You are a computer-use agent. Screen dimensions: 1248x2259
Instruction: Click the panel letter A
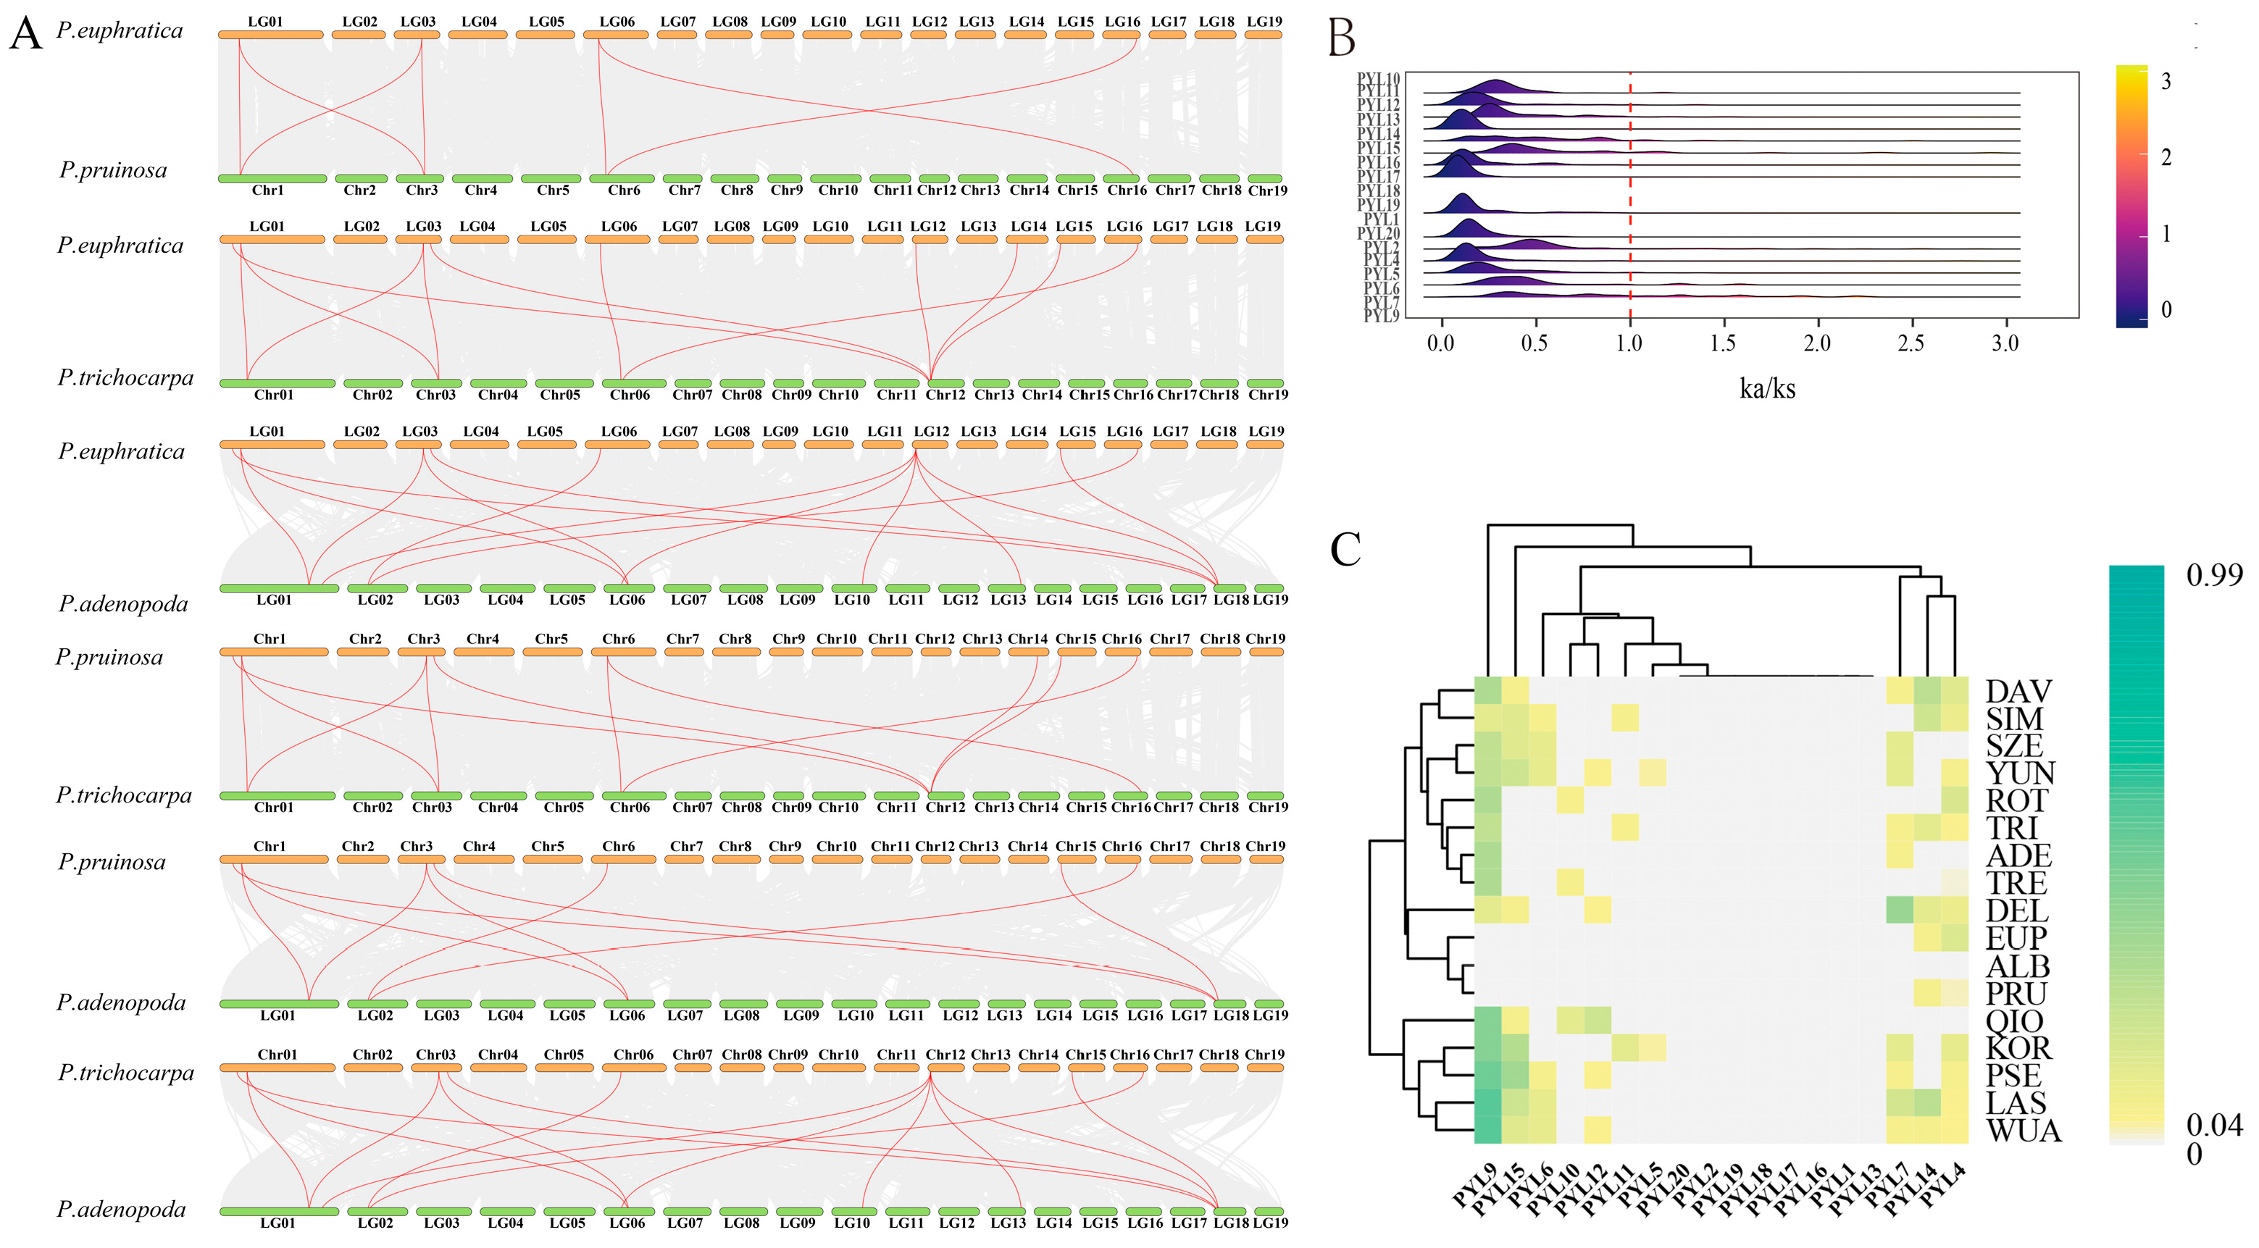(x=25, y=34)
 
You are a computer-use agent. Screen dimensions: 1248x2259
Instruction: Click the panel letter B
(x=1342, y=38)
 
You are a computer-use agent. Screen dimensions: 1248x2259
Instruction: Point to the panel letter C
(x=1345, y=550)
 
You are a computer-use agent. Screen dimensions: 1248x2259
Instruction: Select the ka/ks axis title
(x=1767, y=388)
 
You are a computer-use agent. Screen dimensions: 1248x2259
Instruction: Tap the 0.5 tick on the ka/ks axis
(x=1534, y=343)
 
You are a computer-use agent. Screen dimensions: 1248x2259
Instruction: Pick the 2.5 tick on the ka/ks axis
(x=1911, y=343)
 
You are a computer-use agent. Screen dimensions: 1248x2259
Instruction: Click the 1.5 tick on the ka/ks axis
(x=1722, y=343)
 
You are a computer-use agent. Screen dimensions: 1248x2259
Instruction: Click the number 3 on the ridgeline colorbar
(x=2166, y=82)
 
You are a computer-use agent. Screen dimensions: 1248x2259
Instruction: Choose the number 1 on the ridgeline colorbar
(x=2166, y=234)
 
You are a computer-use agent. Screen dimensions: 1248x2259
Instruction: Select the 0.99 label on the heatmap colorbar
(x=2213, y=575)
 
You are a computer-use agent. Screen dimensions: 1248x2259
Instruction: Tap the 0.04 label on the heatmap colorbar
(x=2213, y=1124)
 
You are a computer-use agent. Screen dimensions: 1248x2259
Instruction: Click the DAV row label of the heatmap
(x=2018, y=691)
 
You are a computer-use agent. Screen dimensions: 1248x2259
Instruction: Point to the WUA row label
(x=2023, y=1131)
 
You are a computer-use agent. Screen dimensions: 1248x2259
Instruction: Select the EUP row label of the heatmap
(x=2016, y=939)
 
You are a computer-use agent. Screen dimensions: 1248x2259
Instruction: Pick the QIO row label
(x=2014, y=1021)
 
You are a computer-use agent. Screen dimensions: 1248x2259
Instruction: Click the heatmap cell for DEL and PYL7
(x=1900, y=910)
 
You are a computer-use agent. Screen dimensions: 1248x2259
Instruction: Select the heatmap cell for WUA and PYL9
(x=1488, y=1130)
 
